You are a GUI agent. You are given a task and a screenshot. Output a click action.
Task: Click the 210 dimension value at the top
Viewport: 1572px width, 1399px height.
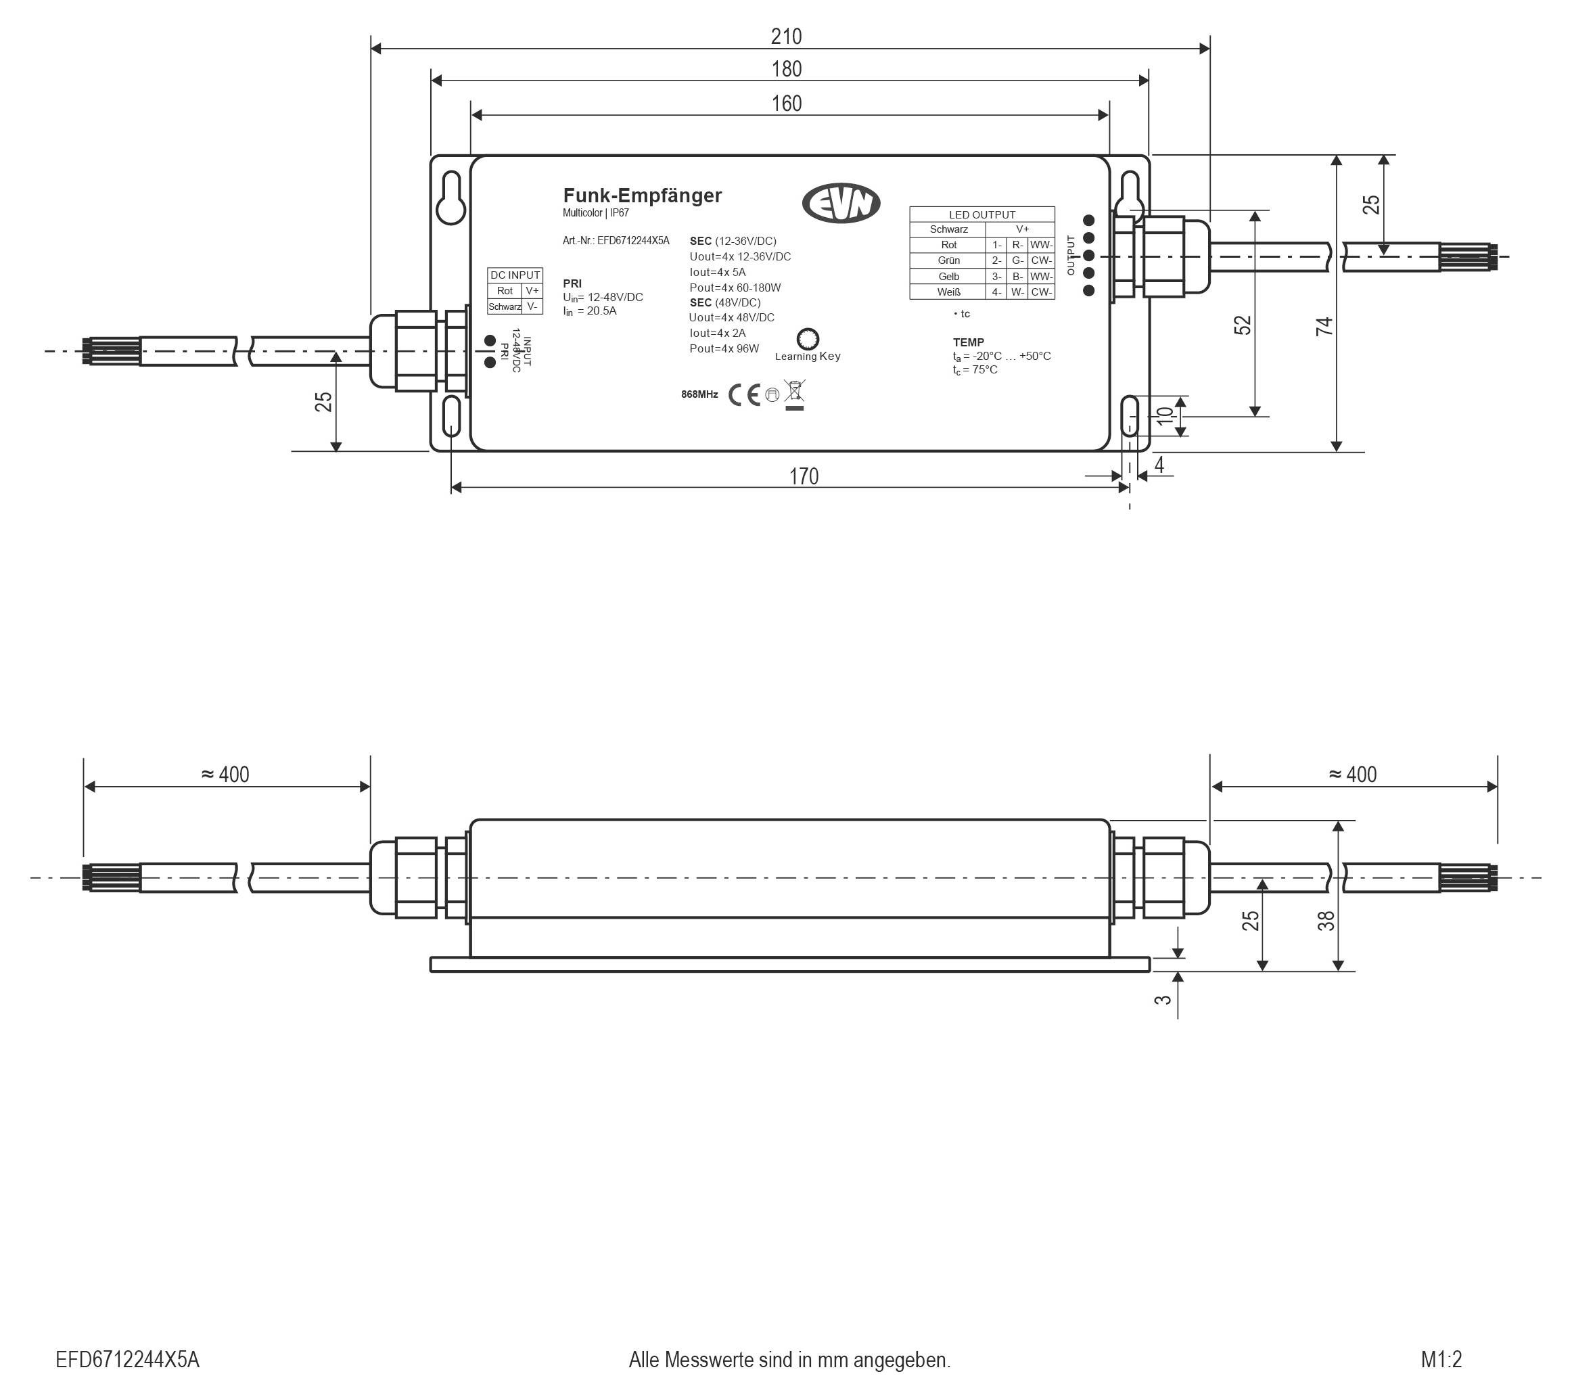pyautogui.click(x=786, y=36)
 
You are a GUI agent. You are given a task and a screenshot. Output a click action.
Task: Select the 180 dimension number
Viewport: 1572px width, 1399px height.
pyautogui.click(x=786, y=69)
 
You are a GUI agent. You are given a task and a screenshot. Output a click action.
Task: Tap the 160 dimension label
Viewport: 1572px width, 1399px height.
pyautogui.click(x=786, y=103)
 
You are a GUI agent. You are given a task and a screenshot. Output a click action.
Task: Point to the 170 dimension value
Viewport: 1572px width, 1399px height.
pyautogui.click(x=804, y=476)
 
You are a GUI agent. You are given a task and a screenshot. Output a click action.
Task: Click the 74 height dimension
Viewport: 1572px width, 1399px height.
pyautogui.click(x=1324, y=327)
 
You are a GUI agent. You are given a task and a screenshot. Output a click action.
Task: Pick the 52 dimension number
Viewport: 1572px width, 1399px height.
pyautogui.click(x=1243, y=325)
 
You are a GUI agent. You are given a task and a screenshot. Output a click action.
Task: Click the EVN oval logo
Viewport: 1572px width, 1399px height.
pyautogui.click(x=841, y=204)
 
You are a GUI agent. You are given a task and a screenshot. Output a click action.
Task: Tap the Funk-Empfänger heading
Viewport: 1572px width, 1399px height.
pyautogui.click(x=642, y=196)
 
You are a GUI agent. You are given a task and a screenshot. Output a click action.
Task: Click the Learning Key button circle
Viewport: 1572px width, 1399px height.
pyautogui.click(x=808, y=338)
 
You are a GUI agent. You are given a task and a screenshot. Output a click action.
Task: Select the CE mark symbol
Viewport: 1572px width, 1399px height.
pyautogui.click(x=743, y=394)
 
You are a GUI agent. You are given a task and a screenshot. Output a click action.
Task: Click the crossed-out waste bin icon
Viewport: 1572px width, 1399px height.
pyautogui.click(x=795, y=394)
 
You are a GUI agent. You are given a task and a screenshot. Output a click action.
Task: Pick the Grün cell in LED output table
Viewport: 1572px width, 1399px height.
pyautogui.click(x=948, y=260)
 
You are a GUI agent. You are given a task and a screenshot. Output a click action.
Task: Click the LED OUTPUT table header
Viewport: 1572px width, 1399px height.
pyautogui.click(x=982, y=214)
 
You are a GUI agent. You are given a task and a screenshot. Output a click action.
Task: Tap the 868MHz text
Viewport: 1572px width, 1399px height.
pyautogui.click(x=699, y=394)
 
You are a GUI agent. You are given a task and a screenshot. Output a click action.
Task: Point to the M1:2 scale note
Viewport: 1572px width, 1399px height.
pyautogui.click(x=1441, y=1360)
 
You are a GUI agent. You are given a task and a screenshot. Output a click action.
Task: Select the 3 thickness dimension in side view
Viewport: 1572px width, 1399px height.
pyautogui.click(x=1163, y=999)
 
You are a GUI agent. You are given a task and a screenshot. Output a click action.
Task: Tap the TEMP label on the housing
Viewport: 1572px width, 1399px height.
pyautogui.click(x=968, y=342)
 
